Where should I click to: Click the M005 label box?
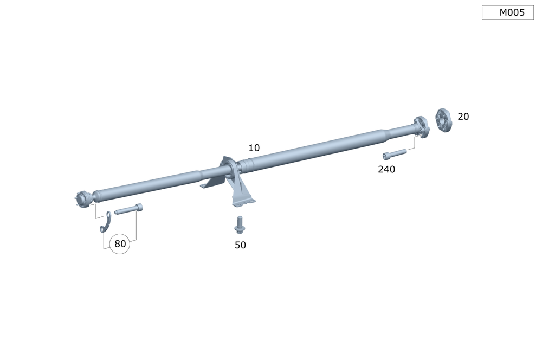point(507,12)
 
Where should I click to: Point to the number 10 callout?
point(254,148)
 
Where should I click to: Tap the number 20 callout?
point(463,117)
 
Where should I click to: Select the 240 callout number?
point(386,169)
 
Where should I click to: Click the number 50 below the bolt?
point(240,245)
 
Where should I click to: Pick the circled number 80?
point(120,244)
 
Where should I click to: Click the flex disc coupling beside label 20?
point(443,120)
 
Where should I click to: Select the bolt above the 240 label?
point(395,154)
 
